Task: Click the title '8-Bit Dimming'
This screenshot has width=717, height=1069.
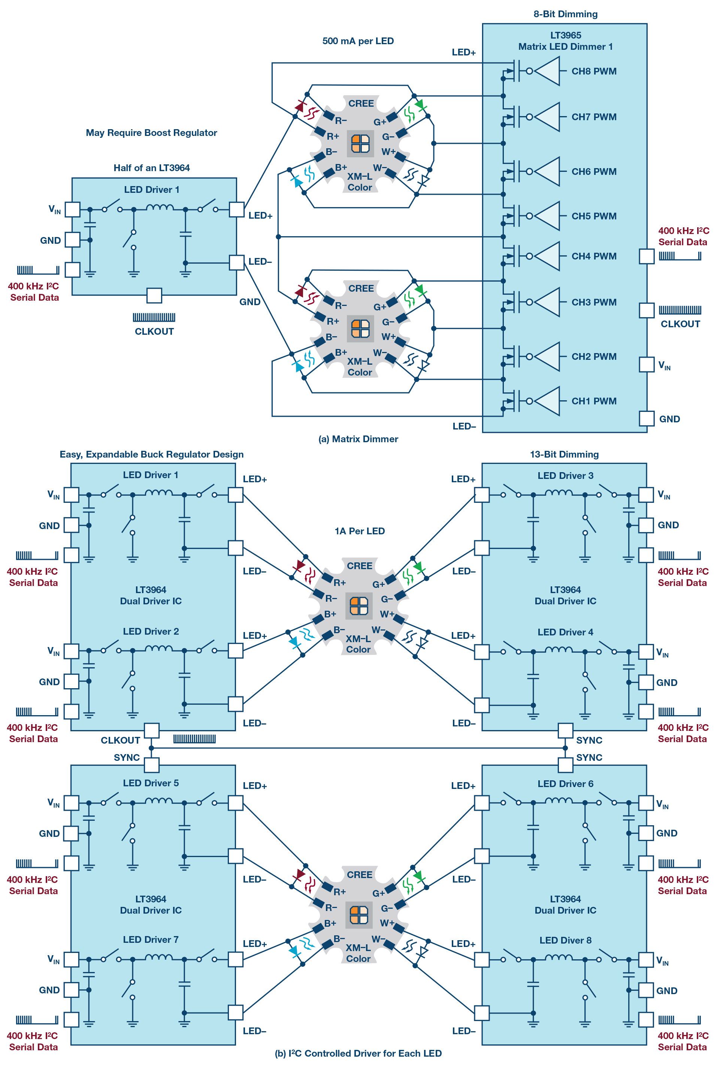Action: click(x=565, y=14)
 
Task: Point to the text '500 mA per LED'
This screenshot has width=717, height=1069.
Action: click(x=358, y=41)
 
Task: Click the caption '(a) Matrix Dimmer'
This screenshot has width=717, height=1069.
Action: click(x=358, y=439)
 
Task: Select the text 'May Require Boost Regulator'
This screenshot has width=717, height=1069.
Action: click(x=151, y=133)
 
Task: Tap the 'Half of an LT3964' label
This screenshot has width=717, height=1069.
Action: click(x=151, y=168)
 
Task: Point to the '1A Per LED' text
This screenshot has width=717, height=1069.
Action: click(x=359, y=531)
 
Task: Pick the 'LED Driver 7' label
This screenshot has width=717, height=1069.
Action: click(x=151, y=940)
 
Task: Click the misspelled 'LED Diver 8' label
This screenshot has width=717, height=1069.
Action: click(x=565, y=941)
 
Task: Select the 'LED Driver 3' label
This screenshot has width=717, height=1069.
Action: click(x=565, y=476)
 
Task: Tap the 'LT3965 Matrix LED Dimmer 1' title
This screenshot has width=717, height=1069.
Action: click(x=565, y=41)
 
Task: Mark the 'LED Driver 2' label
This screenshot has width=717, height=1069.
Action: click(x=151, y=632)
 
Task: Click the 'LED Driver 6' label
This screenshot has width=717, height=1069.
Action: click(x=565, y=784)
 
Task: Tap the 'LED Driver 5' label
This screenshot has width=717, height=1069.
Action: click(x=151, y=783)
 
